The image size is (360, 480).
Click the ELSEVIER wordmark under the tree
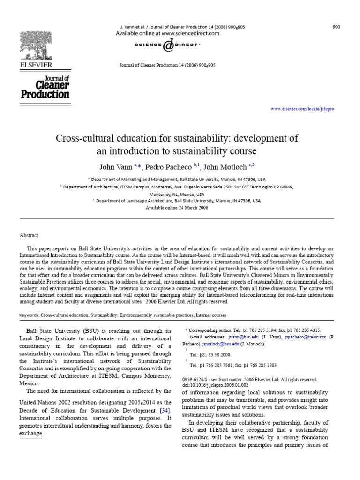click(x=36, y=65)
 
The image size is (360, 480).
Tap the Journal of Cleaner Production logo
click(x=45, y=87)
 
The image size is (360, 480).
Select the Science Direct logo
click(x=167, y=45)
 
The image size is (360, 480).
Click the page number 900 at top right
click(x=336, y=27)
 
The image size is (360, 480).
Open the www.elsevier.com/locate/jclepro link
click(x=302, y=109)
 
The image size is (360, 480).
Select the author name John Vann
click(x=116, y=166)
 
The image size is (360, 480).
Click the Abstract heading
click(x=29, y=235)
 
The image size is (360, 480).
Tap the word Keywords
click(x=29, y=315)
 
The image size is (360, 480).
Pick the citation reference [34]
click(x=165, y=411)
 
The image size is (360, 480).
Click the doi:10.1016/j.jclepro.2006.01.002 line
click(x=215, y=385)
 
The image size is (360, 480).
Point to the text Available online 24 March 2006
click(x=177, y=207)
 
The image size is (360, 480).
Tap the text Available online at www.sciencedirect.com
click(x=167, y=34)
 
